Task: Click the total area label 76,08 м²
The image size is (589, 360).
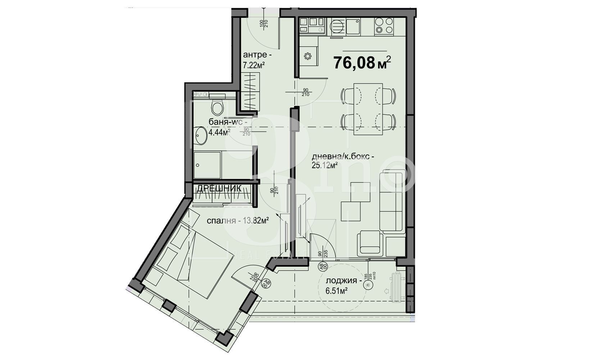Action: (x=362, y=63)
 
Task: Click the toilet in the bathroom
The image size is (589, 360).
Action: (x=217, y=106)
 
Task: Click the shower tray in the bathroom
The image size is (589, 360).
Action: (x=207, y=165)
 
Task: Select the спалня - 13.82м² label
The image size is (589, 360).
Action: (x=238, y=221)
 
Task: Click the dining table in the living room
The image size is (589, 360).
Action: (x=368, y=109)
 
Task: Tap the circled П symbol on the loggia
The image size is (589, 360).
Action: (x=367, y=285)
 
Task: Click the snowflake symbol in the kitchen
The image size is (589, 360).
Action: (x=307, y=56)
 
